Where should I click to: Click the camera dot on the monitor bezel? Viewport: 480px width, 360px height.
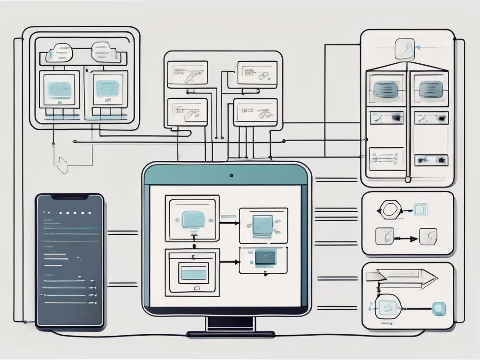tap(231, 176)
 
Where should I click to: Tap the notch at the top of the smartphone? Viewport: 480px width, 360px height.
tap(70, 196)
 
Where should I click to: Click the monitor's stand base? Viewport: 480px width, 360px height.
tap(231, 334)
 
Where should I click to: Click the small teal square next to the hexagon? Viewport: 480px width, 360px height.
tap(418, 210)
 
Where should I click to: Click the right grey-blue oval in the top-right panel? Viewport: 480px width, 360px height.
tap(430, 88)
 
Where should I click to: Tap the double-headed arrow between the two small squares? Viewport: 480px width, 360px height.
tap(405, 239)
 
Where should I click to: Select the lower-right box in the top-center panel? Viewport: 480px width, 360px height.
tap(255, 112)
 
